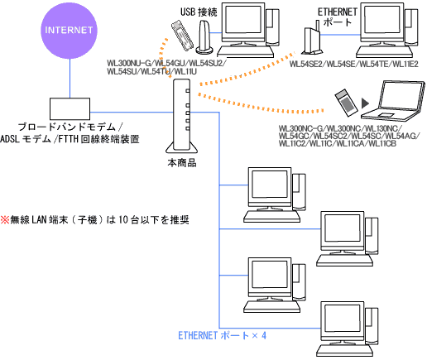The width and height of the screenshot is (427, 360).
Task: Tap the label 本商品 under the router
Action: [181, 164]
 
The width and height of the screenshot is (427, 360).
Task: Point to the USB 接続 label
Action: [201, 11]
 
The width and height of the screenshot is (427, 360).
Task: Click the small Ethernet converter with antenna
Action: [309, 38]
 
